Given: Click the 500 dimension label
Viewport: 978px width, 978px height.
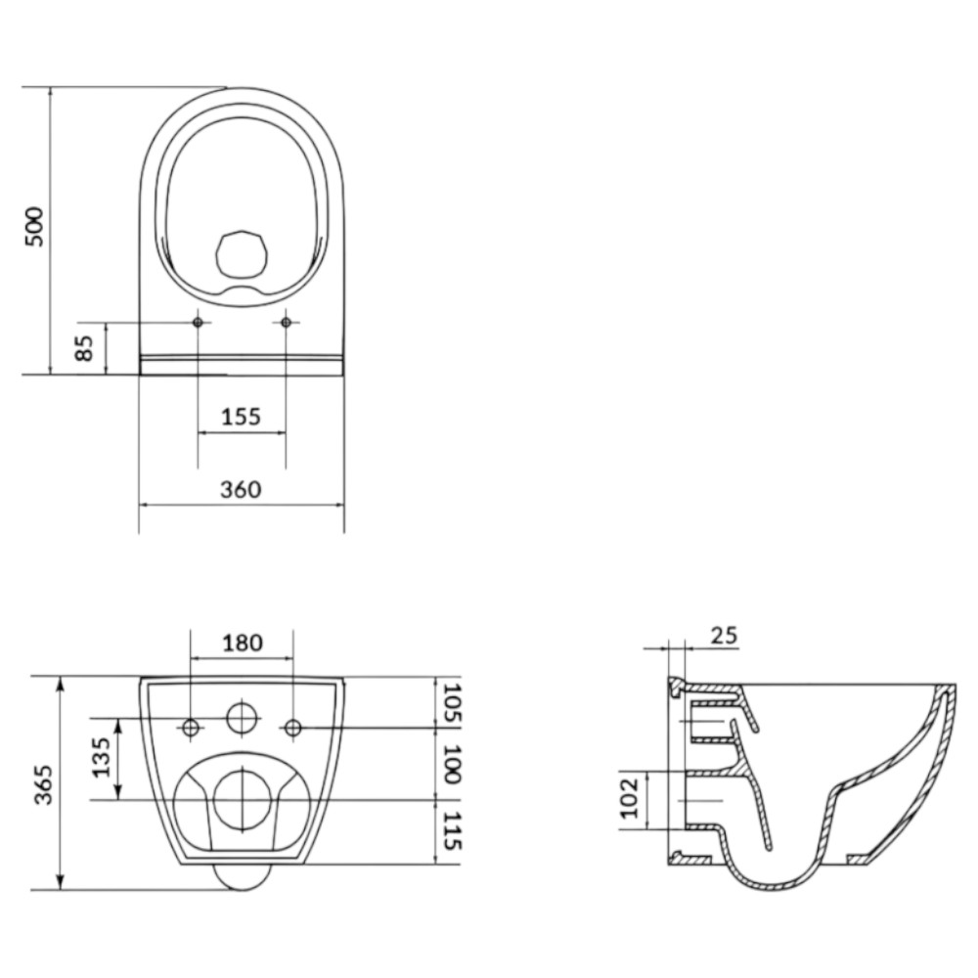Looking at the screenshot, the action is (35, 227).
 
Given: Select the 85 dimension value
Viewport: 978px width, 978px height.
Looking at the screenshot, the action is (83, 348).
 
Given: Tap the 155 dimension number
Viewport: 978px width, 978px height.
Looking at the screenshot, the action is (242, 416).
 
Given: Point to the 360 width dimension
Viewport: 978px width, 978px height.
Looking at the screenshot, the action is (241, 490).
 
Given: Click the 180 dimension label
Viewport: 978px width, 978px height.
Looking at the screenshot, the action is (243, 643).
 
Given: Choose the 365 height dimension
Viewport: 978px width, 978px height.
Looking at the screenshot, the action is (44, 784).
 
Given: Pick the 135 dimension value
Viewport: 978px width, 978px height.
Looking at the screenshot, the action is (101, 758).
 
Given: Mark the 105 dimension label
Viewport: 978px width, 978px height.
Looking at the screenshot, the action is (450, 703).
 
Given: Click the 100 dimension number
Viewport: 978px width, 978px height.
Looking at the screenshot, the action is (450, 764).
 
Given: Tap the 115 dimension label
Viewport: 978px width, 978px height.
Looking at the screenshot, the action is (450, 830).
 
